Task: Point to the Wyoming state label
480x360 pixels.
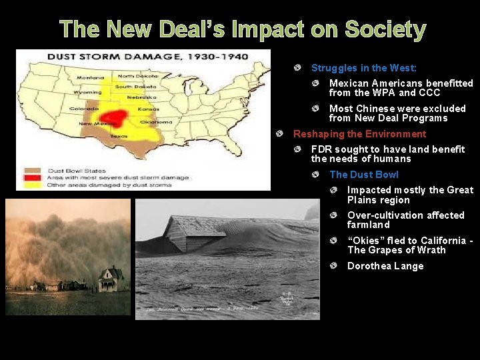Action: (x=87, y=92)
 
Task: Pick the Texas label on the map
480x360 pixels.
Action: (x=119, y=135)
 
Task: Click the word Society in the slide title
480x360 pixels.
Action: (x=385, y=29)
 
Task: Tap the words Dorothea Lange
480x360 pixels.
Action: (x=385, y=266)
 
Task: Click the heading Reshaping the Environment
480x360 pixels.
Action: (x=359, y=134)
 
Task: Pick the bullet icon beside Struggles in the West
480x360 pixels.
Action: (x=297, y=68)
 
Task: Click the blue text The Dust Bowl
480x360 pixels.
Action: (x=364, y=175)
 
